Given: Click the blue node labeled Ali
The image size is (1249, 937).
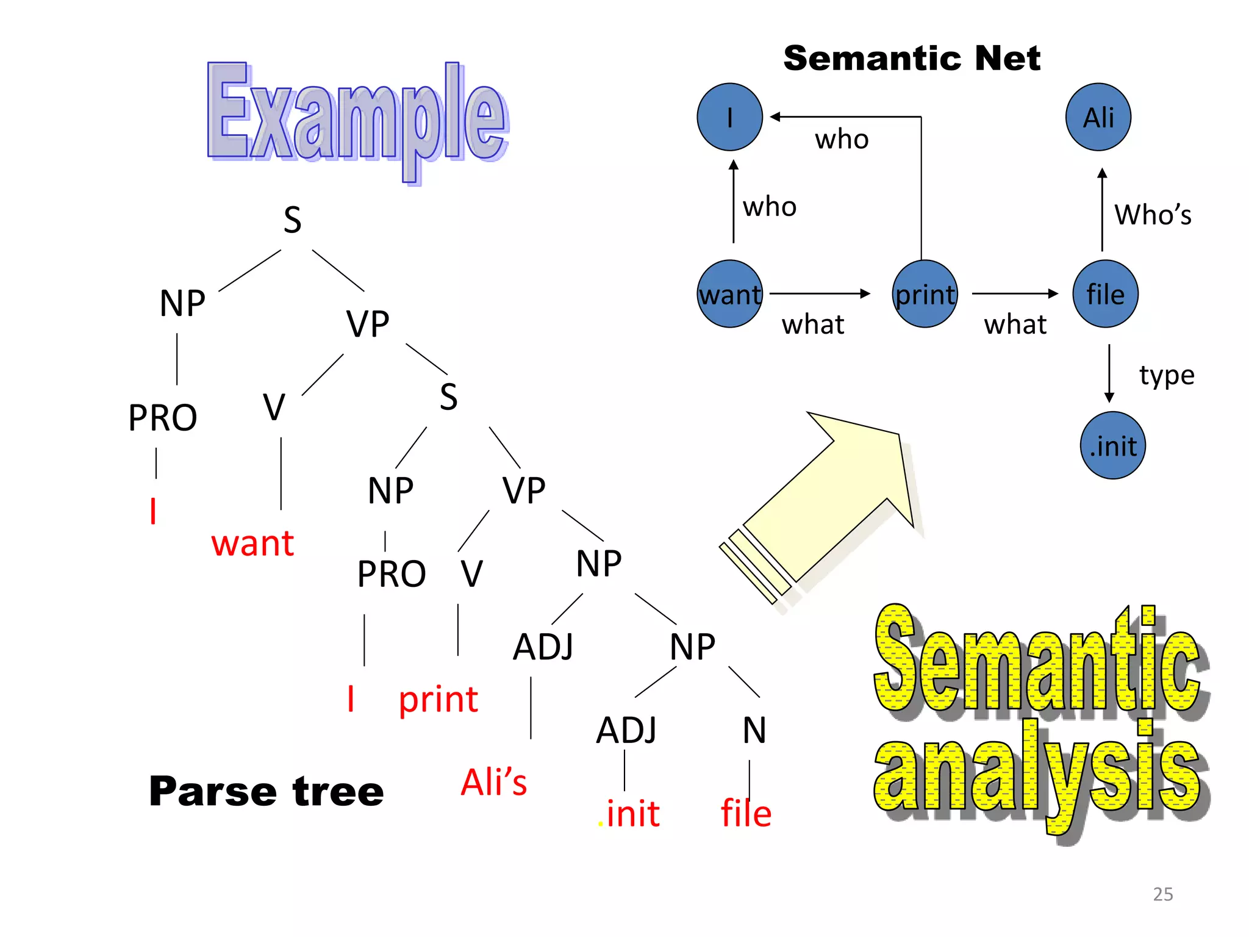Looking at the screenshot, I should click(1098, 117).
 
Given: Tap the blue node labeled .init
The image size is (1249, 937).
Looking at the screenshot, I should click(1112, 445).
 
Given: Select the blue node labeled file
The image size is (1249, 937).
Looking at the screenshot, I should click(1105, 294).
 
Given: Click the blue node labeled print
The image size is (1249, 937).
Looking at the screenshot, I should click(925, 294).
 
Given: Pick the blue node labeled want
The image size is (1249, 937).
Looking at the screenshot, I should click(729, 294).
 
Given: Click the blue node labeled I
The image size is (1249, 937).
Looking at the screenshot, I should click(729, 117).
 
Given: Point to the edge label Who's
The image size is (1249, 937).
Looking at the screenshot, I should click(1152, 215).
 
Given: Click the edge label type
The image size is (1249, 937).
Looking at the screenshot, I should click(1166, 375).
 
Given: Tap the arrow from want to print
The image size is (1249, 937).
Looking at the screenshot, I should click(820, 293).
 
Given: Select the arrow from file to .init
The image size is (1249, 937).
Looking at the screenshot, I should click(1109, 373).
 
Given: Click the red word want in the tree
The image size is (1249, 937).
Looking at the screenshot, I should click(252, 543).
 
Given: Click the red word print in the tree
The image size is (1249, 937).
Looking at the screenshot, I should click(438, 699).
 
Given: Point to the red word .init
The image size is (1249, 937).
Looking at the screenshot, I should click(629, 813).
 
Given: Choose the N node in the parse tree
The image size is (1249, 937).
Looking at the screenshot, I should click(754, 730).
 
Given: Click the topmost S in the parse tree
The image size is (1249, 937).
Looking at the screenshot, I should click(293, 220).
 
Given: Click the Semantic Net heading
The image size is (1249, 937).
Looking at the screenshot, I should click(912, 59).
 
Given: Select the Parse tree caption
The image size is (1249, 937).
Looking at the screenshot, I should click(267, 791).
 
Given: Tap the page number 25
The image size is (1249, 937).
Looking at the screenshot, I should click(1162, 894).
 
